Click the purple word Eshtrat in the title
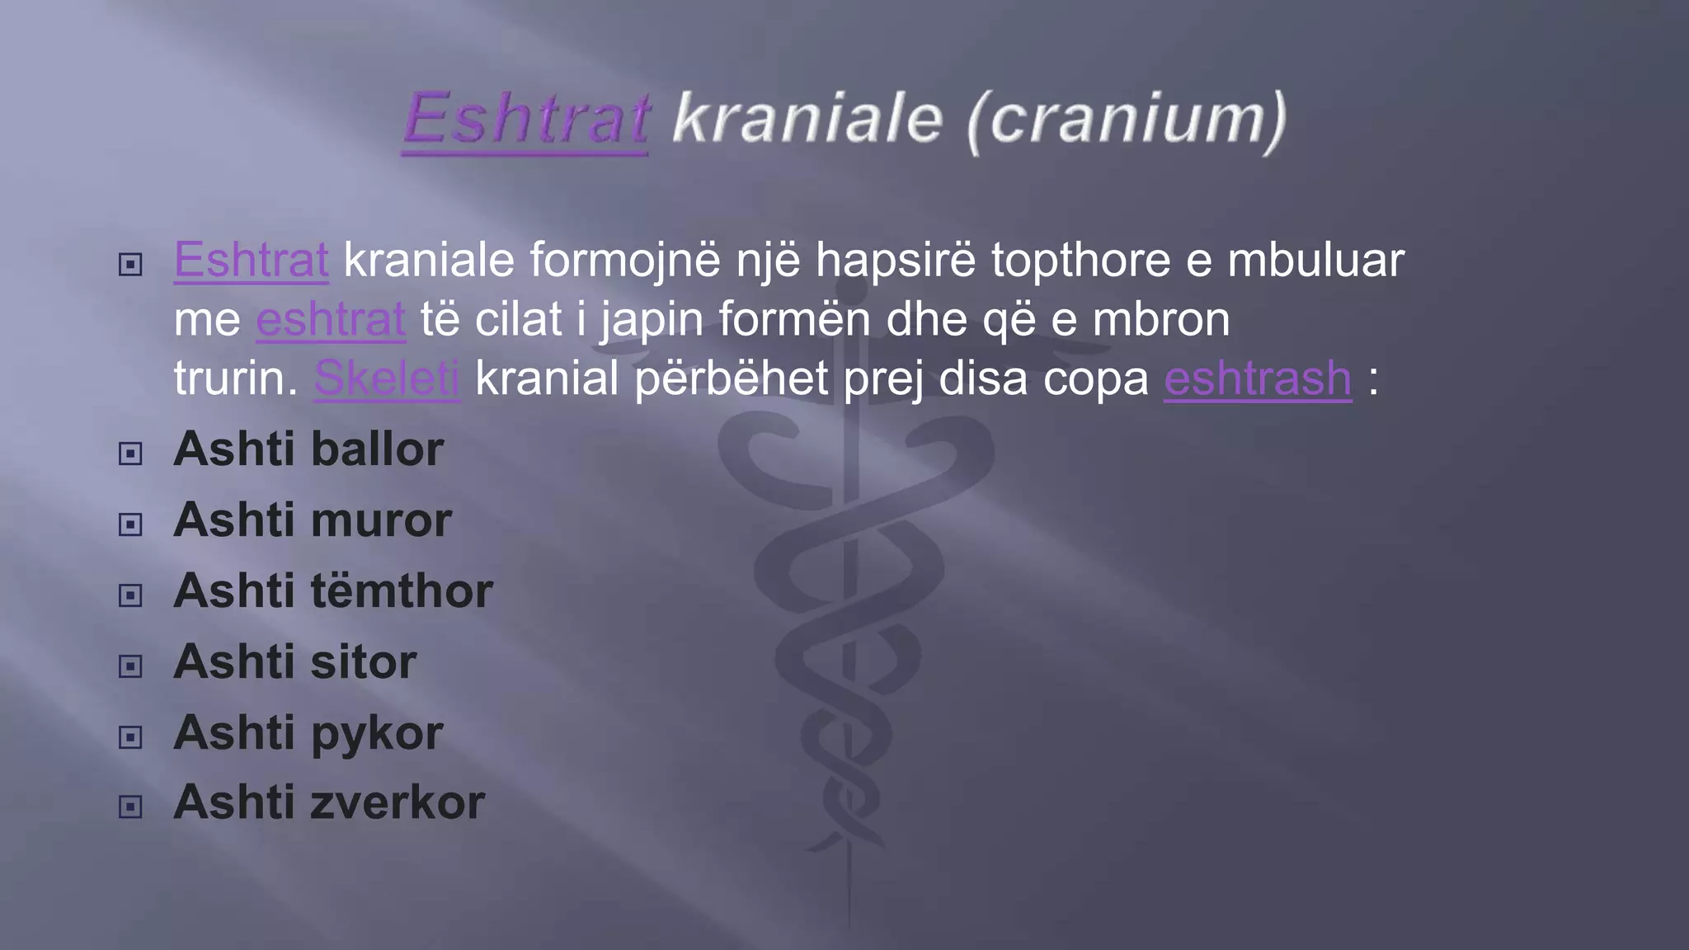(526, 120)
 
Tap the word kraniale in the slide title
(807, 120)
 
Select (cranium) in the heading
(1127, 120)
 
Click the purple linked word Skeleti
(386, 379)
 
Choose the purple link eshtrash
(1258, 379)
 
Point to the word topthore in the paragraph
(1080, 260)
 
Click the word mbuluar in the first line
(1315, 260)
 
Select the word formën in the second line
(794, 319)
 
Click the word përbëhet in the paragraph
(732, 379)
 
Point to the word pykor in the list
(377, 733)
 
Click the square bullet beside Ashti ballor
(130, 454)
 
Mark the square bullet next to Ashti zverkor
(130, 807)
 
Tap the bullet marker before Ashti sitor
(130, 666)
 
